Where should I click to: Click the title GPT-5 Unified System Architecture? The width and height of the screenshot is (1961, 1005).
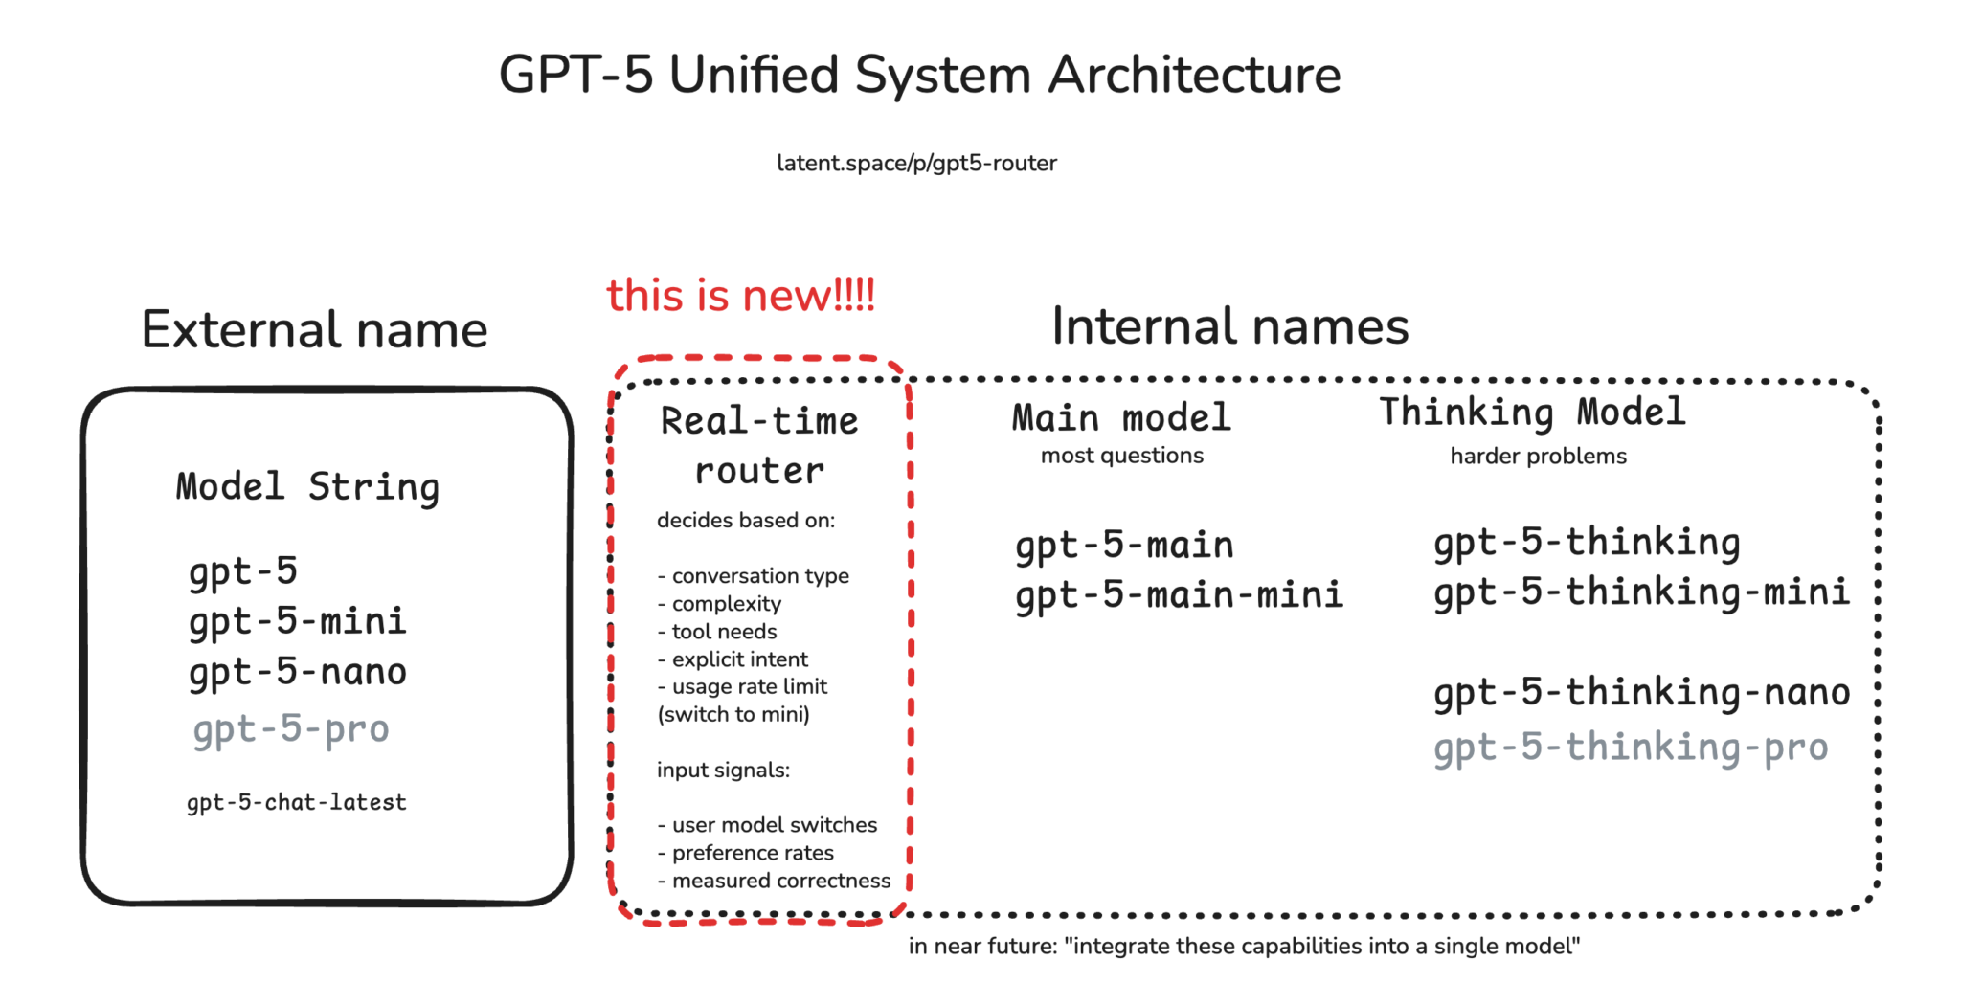tap(919, 75)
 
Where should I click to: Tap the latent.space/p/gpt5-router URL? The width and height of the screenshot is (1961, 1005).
tap(916, 164)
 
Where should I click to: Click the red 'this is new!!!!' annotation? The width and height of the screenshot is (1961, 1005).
tap(740, 296)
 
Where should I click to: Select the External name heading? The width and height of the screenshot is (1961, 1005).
tap(314, 330)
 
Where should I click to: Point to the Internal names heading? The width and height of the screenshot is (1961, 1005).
tap(1229, 326)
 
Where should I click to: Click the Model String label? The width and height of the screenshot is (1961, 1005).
tap(307, 487)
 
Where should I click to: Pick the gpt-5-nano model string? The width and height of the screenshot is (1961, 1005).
tap(298, 672)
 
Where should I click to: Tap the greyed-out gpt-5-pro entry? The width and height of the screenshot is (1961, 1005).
tap(291, 729)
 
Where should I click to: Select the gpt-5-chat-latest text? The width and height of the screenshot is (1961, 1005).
tap(297, 802)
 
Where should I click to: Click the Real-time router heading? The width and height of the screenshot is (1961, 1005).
tap(759, 446)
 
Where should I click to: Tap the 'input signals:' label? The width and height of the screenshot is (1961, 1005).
tap(723, 770)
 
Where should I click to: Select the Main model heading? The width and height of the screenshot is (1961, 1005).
tap(1121, 418)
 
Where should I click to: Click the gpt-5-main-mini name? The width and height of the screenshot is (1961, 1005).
tap(1179, 595)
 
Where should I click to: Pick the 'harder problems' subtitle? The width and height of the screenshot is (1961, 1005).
tap(1538, 457)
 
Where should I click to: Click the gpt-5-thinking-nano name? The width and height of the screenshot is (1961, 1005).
tap(1641, 692)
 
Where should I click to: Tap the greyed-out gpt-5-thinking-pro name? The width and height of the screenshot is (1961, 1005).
tap(1631, 748)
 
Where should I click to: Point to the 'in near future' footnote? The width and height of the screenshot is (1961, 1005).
tap(1244, 947)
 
